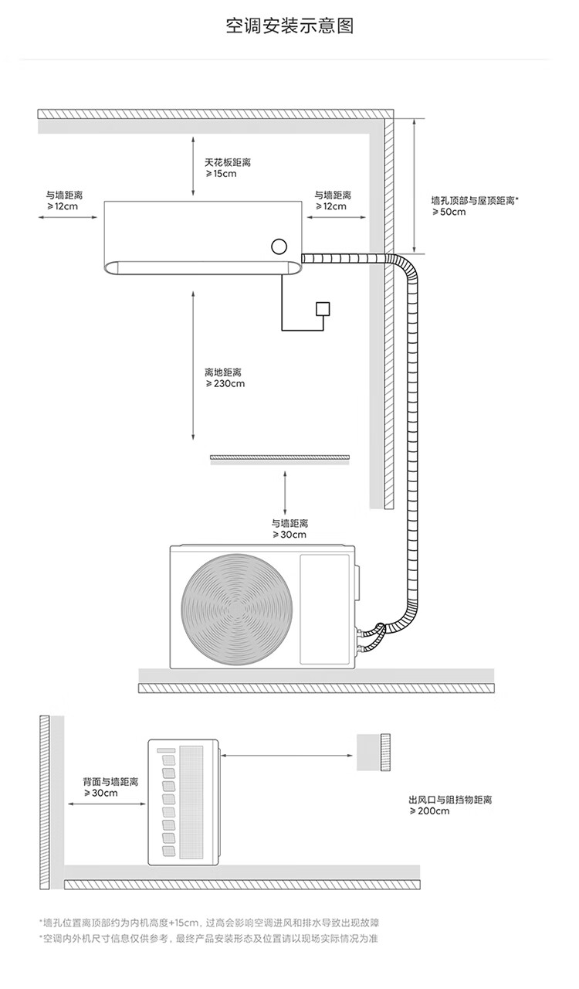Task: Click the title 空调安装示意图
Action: click(289, 26)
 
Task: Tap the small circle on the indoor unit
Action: click(279, 246)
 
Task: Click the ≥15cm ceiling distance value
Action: click(221, 174)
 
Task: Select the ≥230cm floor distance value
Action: click(225, 384)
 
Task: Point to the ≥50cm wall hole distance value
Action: click(449, 212)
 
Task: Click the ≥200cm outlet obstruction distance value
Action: click(429, 811)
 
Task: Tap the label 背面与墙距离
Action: click(110, 782)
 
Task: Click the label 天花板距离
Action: click(228, 162)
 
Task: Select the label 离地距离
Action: click(223, 372)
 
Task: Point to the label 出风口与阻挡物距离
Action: click(450, 800)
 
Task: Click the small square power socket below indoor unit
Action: click(323, 309)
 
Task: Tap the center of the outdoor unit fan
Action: click(236, 610)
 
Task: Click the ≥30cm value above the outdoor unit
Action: click(289, 535)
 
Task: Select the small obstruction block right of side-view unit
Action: click(374, 753)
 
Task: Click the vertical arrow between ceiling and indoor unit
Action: click(193, 165)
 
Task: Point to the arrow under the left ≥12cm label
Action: click(68, 217)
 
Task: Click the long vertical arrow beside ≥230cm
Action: click(193, 365)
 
